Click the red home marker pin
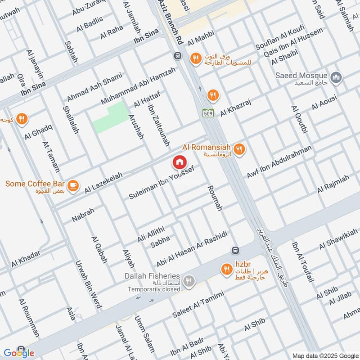click(x=180, y=162)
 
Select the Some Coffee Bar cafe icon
click(x=72, y=185)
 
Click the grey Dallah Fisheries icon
click(x=189, y=281)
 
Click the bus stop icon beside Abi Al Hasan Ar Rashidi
click(x=234, y=250)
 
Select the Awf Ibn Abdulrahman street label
click(x=279, y=162)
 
